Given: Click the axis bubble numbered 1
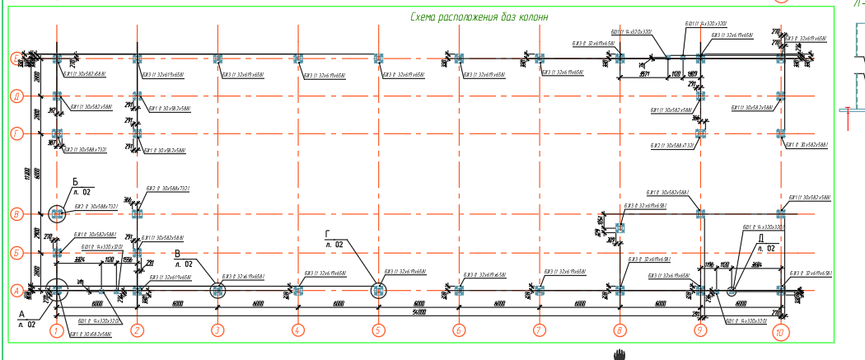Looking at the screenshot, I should coord(57,331).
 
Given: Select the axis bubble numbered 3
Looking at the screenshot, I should coord(217,331).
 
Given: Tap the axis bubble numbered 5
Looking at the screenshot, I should coord(378,331).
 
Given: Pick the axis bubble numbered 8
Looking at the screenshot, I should coord(620,331).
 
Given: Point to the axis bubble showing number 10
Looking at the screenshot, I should coord(780,333).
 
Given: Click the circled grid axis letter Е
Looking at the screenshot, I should coord(15,58).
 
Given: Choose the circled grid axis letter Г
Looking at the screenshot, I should coord(15,133).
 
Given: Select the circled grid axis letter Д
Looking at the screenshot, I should coord(15,96).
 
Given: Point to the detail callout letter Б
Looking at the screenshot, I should coord(76,181).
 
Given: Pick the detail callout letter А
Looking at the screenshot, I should coord(22,316).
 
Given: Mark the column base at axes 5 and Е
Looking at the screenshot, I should coord(378,58).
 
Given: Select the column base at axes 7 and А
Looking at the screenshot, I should coord(540,290).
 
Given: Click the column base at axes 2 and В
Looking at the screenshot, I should coord(138,214).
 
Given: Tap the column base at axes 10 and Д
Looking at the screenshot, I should coord(780,96).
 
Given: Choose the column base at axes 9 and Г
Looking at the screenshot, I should coord(700,133).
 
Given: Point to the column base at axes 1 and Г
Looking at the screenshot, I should coord(57,133).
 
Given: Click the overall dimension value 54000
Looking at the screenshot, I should coord(419,313).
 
